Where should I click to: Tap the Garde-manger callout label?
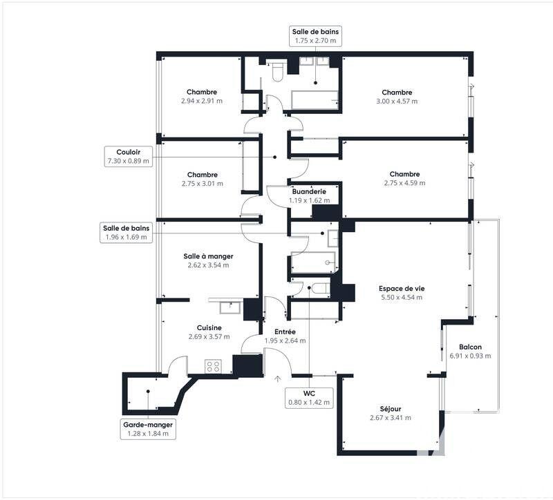pos(148,429)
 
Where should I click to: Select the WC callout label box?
pos(309,397)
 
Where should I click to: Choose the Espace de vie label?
pos(401,288)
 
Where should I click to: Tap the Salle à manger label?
pos(207,256)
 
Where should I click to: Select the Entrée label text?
pos(285,331)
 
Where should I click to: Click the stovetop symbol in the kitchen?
pos(213,366)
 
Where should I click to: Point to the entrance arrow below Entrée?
pos(278,378)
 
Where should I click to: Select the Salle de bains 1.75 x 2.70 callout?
pos(315,36)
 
